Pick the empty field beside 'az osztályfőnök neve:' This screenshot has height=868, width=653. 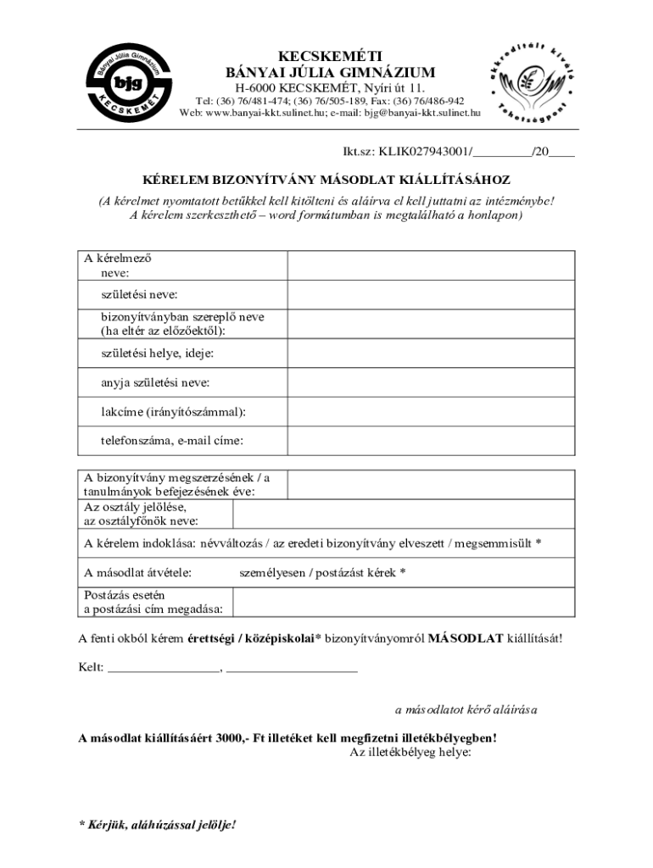(404, 514)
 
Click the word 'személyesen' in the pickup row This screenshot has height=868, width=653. (273, 572)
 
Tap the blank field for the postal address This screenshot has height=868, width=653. (404, 601)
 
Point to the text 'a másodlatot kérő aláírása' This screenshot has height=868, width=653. (466, 709)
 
